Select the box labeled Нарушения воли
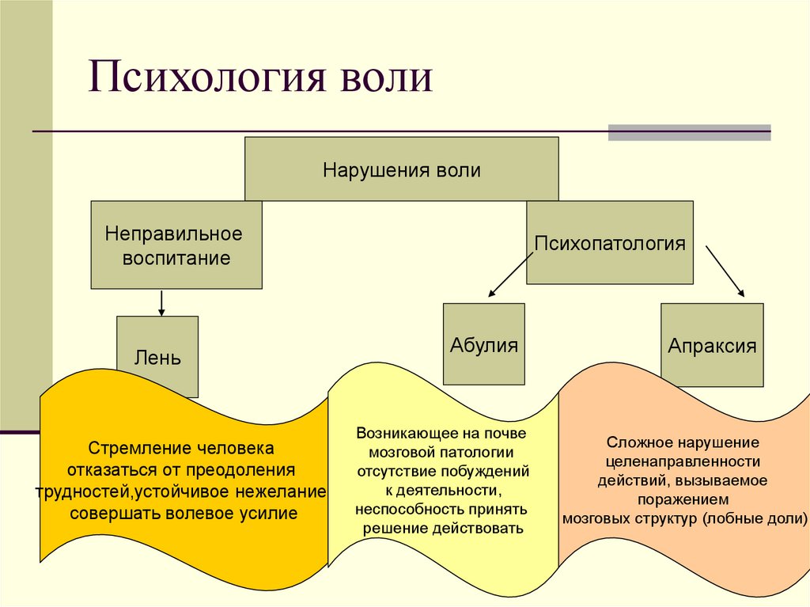[401, 169]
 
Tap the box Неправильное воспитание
[176, 245]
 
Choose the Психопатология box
[609, 242]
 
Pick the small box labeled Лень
[157, 356]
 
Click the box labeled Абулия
[483, 345]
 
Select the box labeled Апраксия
[712, 345]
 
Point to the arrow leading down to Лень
[161, 303]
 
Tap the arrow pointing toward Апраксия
[725, 271]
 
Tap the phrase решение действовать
[443, 529]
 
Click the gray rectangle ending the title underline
[689, 132]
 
